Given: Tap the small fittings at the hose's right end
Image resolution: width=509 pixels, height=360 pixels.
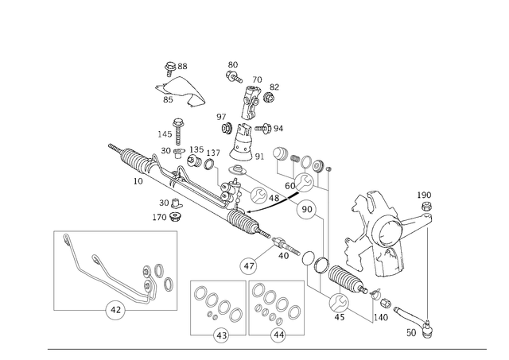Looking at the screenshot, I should pyautogui.click(x=156, y=277).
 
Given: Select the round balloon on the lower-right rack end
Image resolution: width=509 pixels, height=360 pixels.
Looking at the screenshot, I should pyautogui.click(x=338, y=302).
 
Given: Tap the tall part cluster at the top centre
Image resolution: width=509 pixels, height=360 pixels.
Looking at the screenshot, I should pyautogui.click(x=251, y=103).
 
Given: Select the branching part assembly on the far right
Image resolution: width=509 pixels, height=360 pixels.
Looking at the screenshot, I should pyautogui.click(x=390, y=230).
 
